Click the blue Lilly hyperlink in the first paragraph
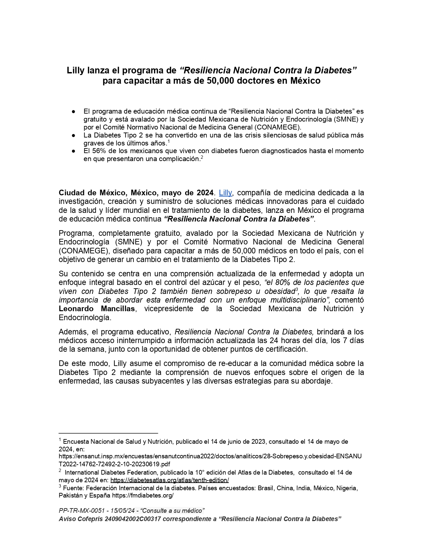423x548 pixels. pyautogui.click(x=225, y=193)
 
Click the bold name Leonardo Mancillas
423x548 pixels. pyautogui.click(x=97, y=309)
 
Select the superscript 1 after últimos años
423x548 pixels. pyautogui.click(x=169, y=141)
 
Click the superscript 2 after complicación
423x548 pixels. pyautogui.click(x=202, y=157)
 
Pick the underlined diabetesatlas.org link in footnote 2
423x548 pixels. pyautogui.click(x=170, y=480)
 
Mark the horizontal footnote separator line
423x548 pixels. pyautogui.click(x=108, y=433)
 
